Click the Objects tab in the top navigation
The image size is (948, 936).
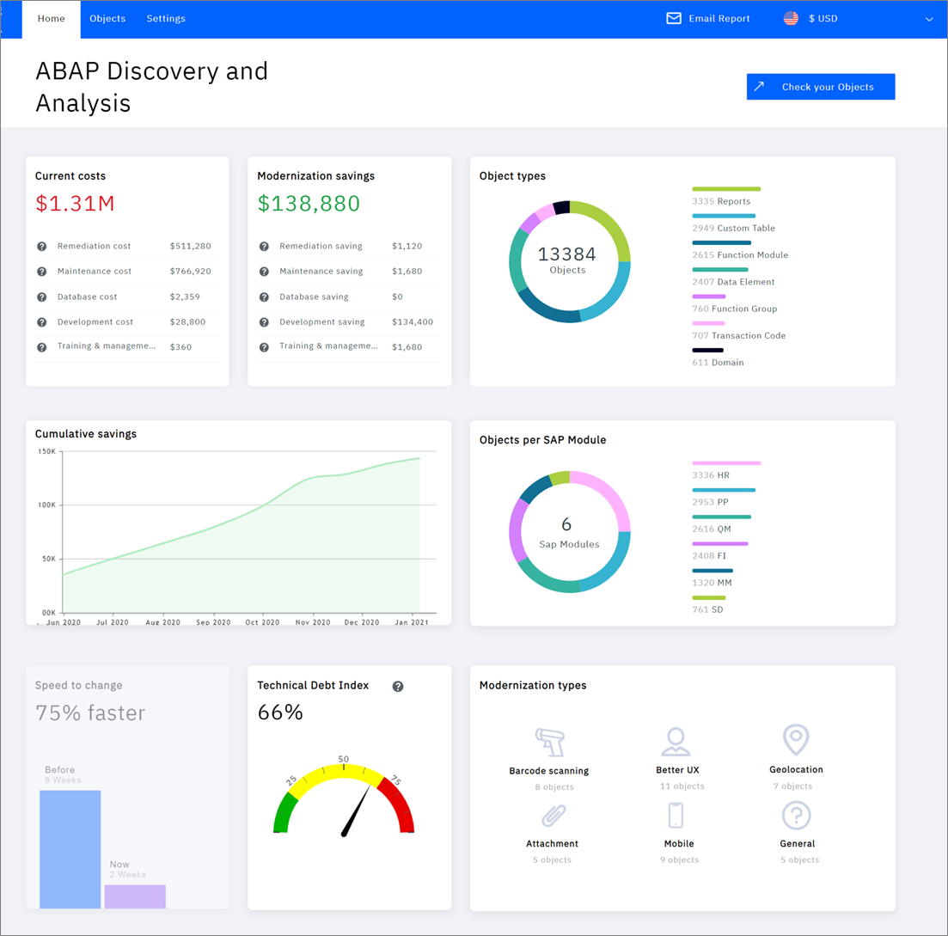click(x=107, y=19)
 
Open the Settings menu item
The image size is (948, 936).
click(x=166, y=19)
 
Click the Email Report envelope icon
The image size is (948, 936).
click(x=674, y=19)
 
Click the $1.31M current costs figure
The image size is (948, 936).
click(x=75, y=204)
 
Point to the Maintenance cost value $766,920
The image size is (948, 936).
click(x=190, y=272)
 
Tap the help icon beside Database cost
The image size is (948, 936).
click(x=41, y=297)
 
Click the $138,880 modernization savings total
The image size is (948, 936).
click(x=309, y=204)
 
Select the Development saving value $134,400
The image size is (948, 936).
click(x=412, y=322)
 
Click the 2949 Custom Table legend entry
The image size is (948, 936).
click(x=733, y=229)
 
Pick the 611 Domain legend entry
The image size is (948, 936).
click(x=718, y=363)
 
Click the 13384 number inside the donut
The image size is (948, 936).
click(x=567, y=254)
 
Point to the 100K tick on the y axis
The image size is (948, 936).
click(x=46, y=505)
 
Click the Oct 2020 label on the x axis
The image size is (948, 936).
click(x=263, y=622)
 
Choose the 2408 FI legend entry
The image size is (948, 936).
click(x=709, y=556)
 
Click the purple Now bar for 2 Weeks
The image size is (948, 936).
click(x=135, y=896)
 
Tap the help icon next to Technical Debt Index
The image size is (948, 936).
click(x=398, y=686)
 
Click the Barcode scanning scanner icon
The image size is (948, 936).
click(x=548, y=740)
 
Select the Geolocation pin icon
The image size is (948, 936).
click(x=796, y=739)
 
